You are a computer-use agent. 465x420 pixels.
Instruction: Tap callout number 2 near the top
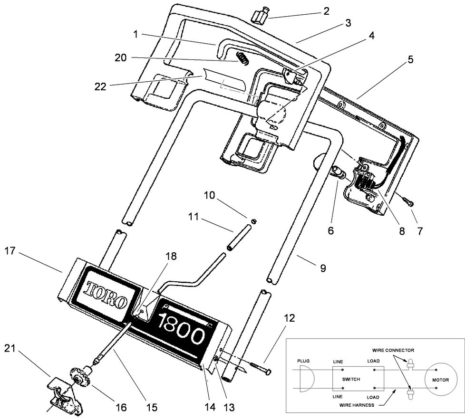tap(326, 10)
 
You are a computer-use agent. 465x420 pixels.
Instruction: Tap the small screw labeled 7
tap(408, 202)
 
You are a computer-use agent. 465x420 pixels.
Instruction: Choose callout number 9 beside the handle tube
tap(322, 268)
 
